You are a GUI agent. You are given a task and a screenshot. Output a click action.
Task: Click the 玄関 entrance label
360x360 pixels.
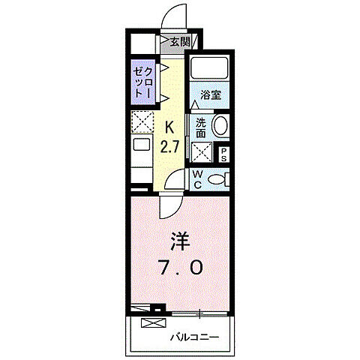pos(179,42)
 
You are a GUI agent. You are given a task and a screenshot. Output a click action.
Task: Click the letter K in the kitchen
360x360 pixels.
pos(169,126)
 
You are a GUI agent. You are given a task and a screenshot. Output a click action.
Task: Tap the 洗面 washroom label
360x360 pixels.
pos(200,127)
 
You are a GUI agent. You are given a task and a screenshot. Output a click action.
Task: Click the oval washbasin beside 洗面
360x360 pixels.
pos(220,126)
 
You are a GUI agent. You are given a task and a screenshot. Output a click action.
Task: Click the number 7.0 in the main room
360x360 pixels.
pos(179,268)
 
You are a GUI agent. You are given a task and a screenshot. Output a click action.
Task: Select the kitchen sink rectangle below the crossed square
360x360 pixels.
pos(142,145)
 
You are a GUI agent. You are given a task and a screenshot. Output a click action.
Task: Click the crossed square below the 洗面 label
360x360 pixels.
pos(202,152)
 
